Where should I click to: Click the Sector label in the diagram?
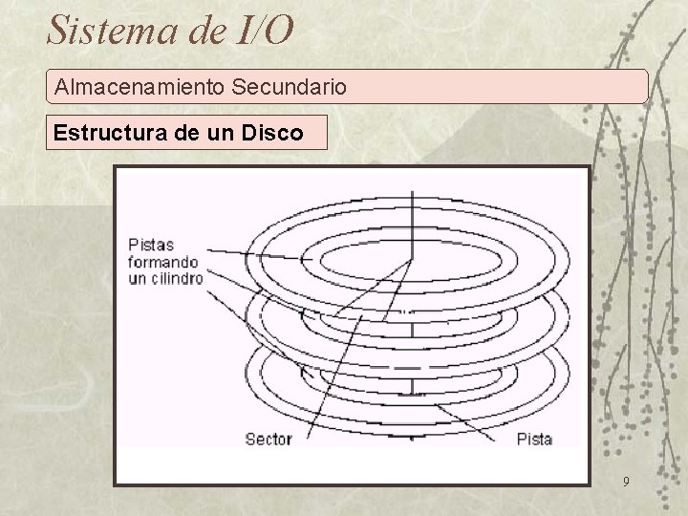(x=269, y=440)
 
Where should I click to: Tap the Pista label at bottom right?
(x=534, y=440)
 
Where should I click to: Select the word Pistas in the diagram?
(x=150, y=245)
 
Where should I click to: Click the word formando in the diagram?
(x=163, y=261)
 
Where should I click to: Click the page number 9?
(x=625, y=482)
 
